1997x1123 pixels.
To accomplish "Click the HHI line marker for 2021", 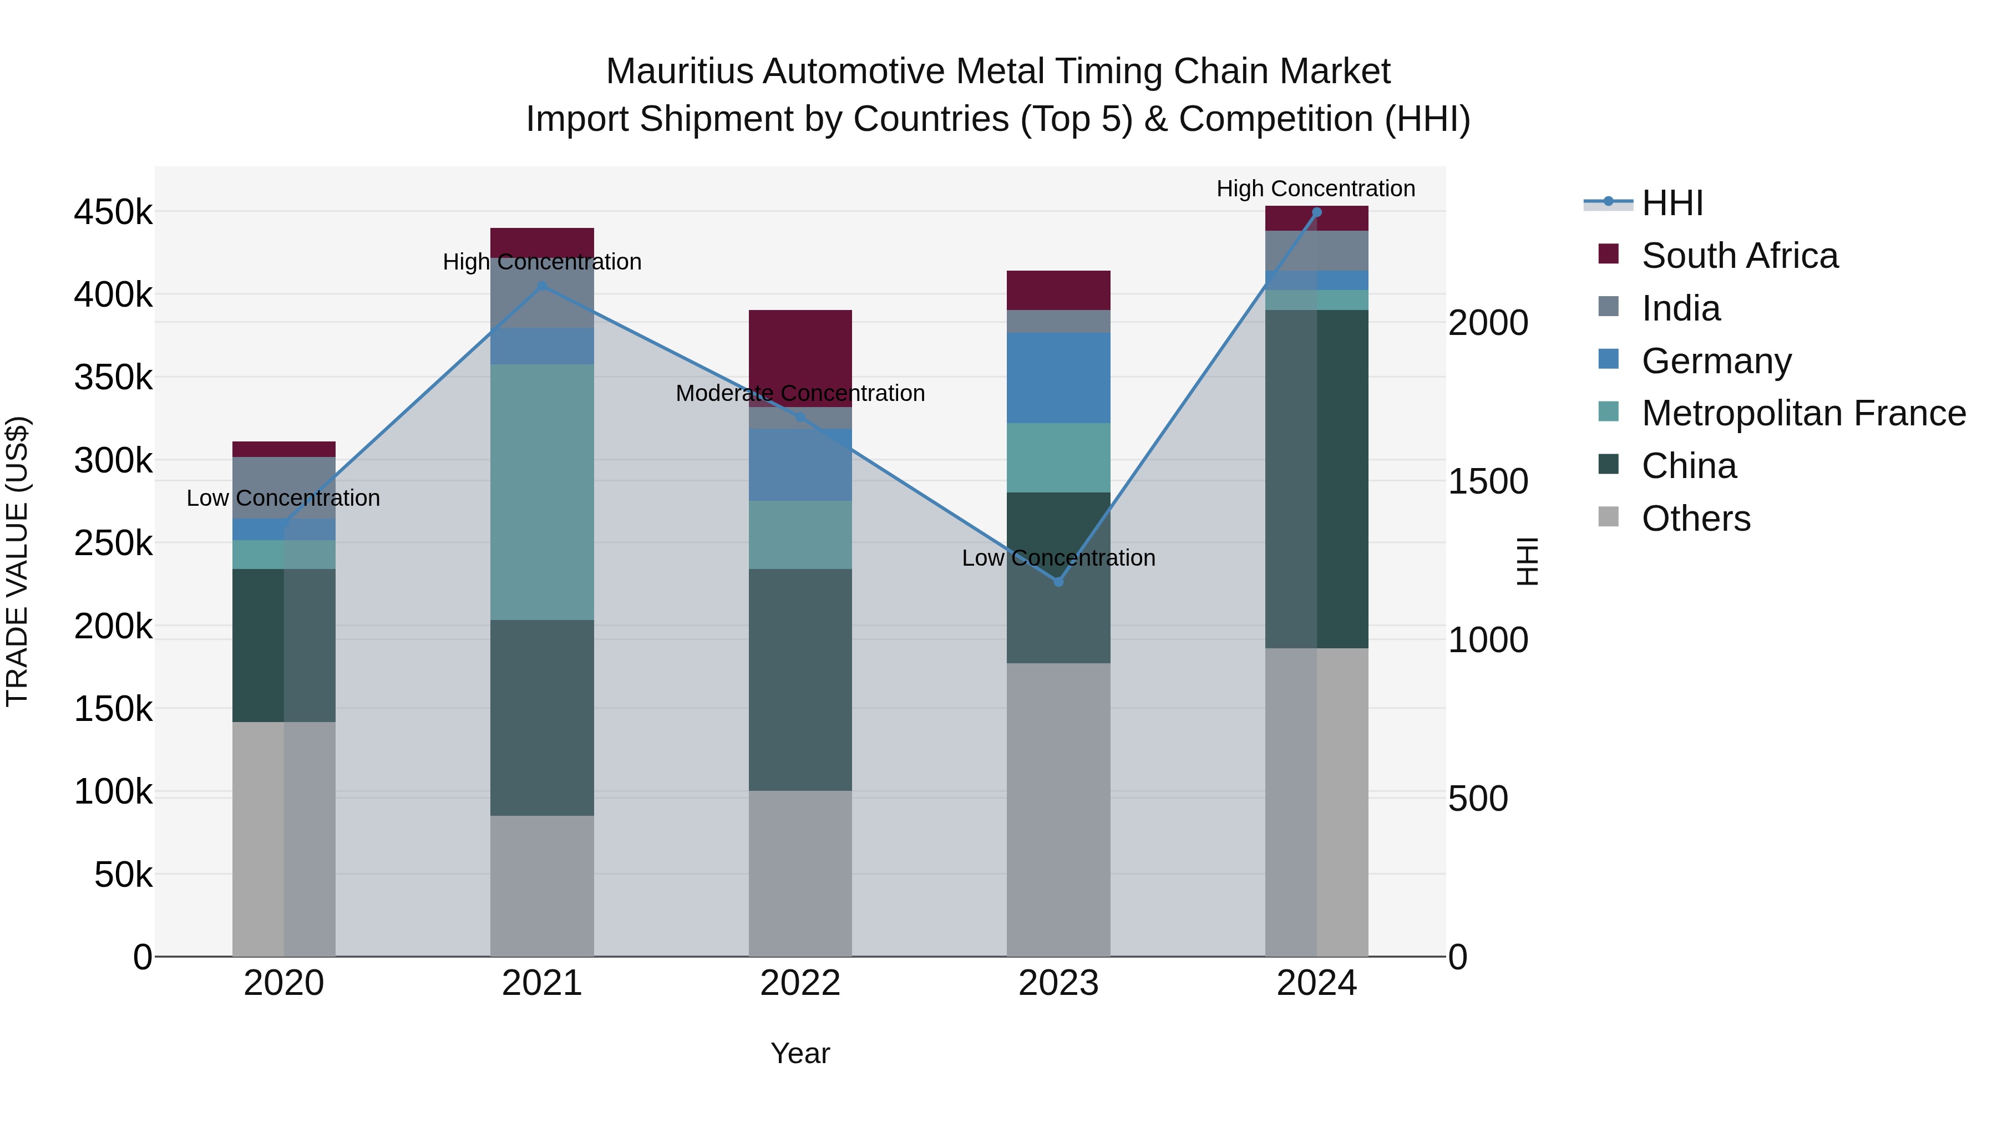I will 542,286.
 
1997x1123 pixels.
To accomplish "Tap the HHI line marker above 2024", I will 1316,212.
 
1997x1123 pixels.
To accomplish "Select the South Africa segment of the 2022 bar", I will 800,357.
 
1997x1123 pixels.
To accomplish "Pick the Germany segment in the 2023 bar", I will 1058,378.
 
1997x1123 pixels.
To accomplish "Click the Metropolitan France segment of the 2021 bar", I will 542,491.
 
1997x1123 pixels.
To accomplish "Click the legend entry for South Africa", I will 1739,256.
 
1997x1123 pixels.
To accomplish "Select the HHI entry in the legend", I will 1672,203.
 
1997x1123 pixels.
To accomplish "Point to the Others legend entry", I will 1695,519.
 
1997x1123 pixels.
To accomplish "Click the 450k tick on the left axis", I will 113,212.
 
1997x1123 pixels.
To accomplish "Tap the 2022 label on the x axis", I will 800,983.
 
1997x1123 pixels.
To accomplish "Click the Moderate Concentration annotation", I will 800,394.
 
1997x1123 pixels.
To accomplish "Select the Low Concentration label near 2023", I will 1058,558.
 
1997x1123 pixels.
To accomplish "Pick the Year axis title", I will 800,1053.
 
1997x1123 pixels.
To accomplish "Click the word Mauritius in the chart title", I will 679,72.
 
